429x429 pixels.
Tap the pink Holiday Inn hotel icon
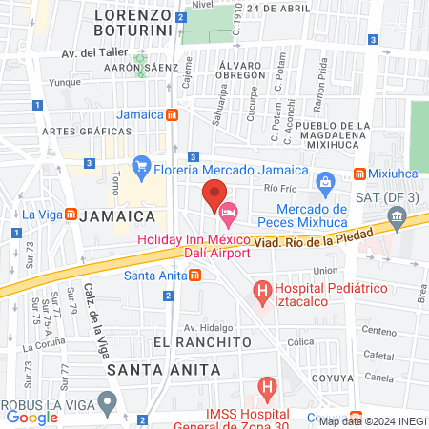[x=227, y=210]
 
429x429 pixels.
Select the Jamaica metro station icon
[x=172, y=115]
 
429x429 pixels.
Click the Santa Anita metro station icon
[x=195, y=276]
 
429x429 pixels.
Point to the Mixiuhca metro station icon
[x=360, y=174]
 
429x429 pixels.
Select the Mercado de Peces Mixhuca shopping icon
[x=324, y=181]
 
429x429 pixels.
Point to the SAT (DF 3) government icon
[x=396, y=226]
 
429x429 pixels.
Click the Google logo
[x=31, y=417]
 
